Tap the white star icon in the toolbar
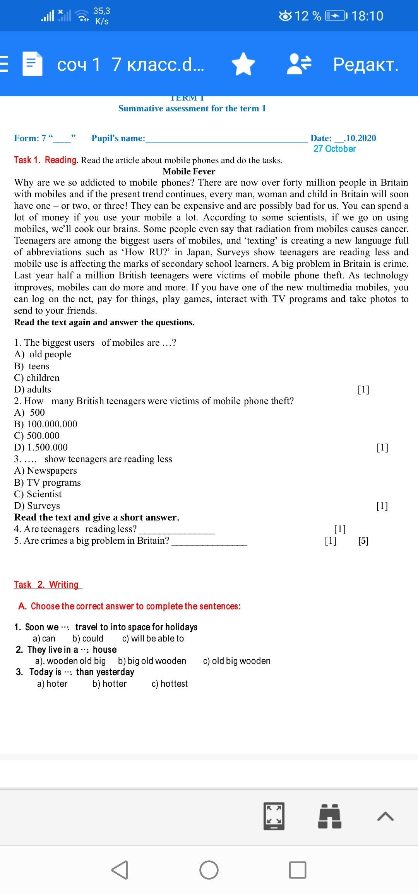coord(243,64)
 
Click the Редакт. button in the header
coord(366,64)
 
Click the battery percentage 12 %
coord(308,16)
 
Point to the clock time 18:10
coord(367,16)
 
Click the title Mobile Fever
coord(189,171)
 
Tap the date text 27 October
coord(334,149)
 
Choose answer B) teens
coord(32,366)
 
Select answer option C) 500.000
coord(37,436)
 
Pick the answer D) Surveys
coord(37,506)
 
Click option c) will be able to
coord(153,638)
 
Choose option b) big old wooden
coord(152,661)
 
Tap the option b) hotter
coord(110,684)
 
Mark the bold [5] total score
coord(363,541)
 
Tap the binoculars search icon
coord(329,816)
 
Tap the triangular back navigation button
coord(120,870)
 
